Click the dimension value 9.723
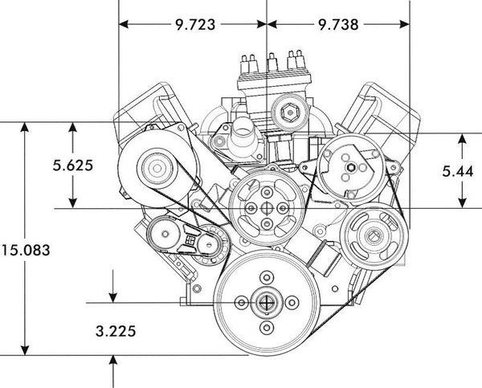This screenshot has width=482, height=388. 195,25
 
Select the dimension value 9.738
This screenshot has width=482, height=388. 338,25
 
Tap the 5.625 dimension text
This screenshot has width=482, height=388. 72,165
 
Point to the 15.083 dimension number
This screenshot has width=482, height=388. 26,250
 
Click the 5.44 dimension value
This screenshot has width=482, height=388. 458,171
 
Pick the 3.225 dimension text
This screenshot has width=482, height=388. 116,331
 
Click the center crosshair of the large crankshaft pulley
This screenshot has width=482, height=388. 267,303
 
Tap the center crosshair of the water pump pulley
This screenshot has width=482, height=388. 267,208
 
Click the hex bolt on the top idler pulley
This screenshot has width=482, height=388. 289,112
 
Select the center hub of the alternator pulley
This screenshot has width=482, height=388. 157,168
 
